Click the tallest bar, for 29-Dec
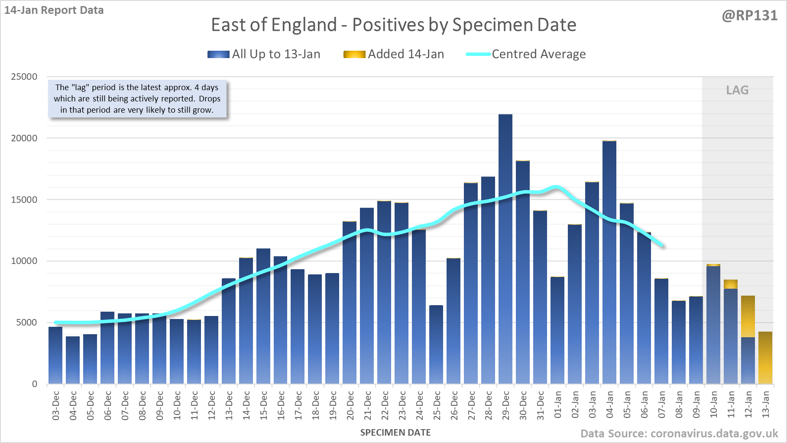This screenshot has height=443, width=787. click(505, 249)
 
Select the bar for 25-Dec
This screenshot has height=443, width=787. click(436, 345)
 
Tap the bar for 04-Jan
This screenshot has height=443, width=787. click(609, 262)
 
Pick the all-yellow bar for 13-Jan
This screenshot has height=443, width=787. click(765, 358)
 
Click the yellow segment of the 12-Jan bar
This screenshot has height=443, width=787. click(748, 316)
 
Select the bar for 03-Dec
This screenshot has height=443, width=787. click(55, 355)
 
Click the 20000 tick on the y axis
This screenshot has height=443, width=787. click(24, 138)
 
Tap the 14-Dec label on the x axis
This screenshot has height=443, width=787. click(246, 406)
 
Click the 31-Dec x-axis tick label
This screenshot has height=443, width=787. click(541, 406)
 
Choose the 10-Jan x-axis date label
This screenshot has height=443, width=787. click(714, 406)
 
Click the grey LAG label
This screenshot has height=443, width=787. click(737, 90)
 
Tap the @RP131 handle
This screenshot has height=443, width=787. click(750, 16)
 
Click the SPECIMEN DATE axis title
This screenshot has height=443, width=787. click(395, 433)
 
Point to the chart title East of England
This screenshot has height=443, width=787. click(393, 25)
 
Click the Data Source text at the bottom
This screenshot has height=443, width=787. click(679, 433)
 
